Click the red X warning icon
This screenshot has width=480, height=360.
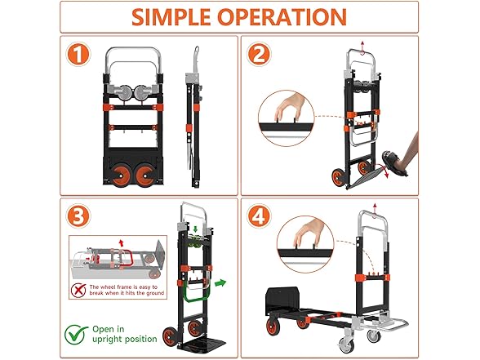tap(79, 288)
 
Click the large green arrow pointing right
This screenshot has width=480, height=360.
tap(216, 283)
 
